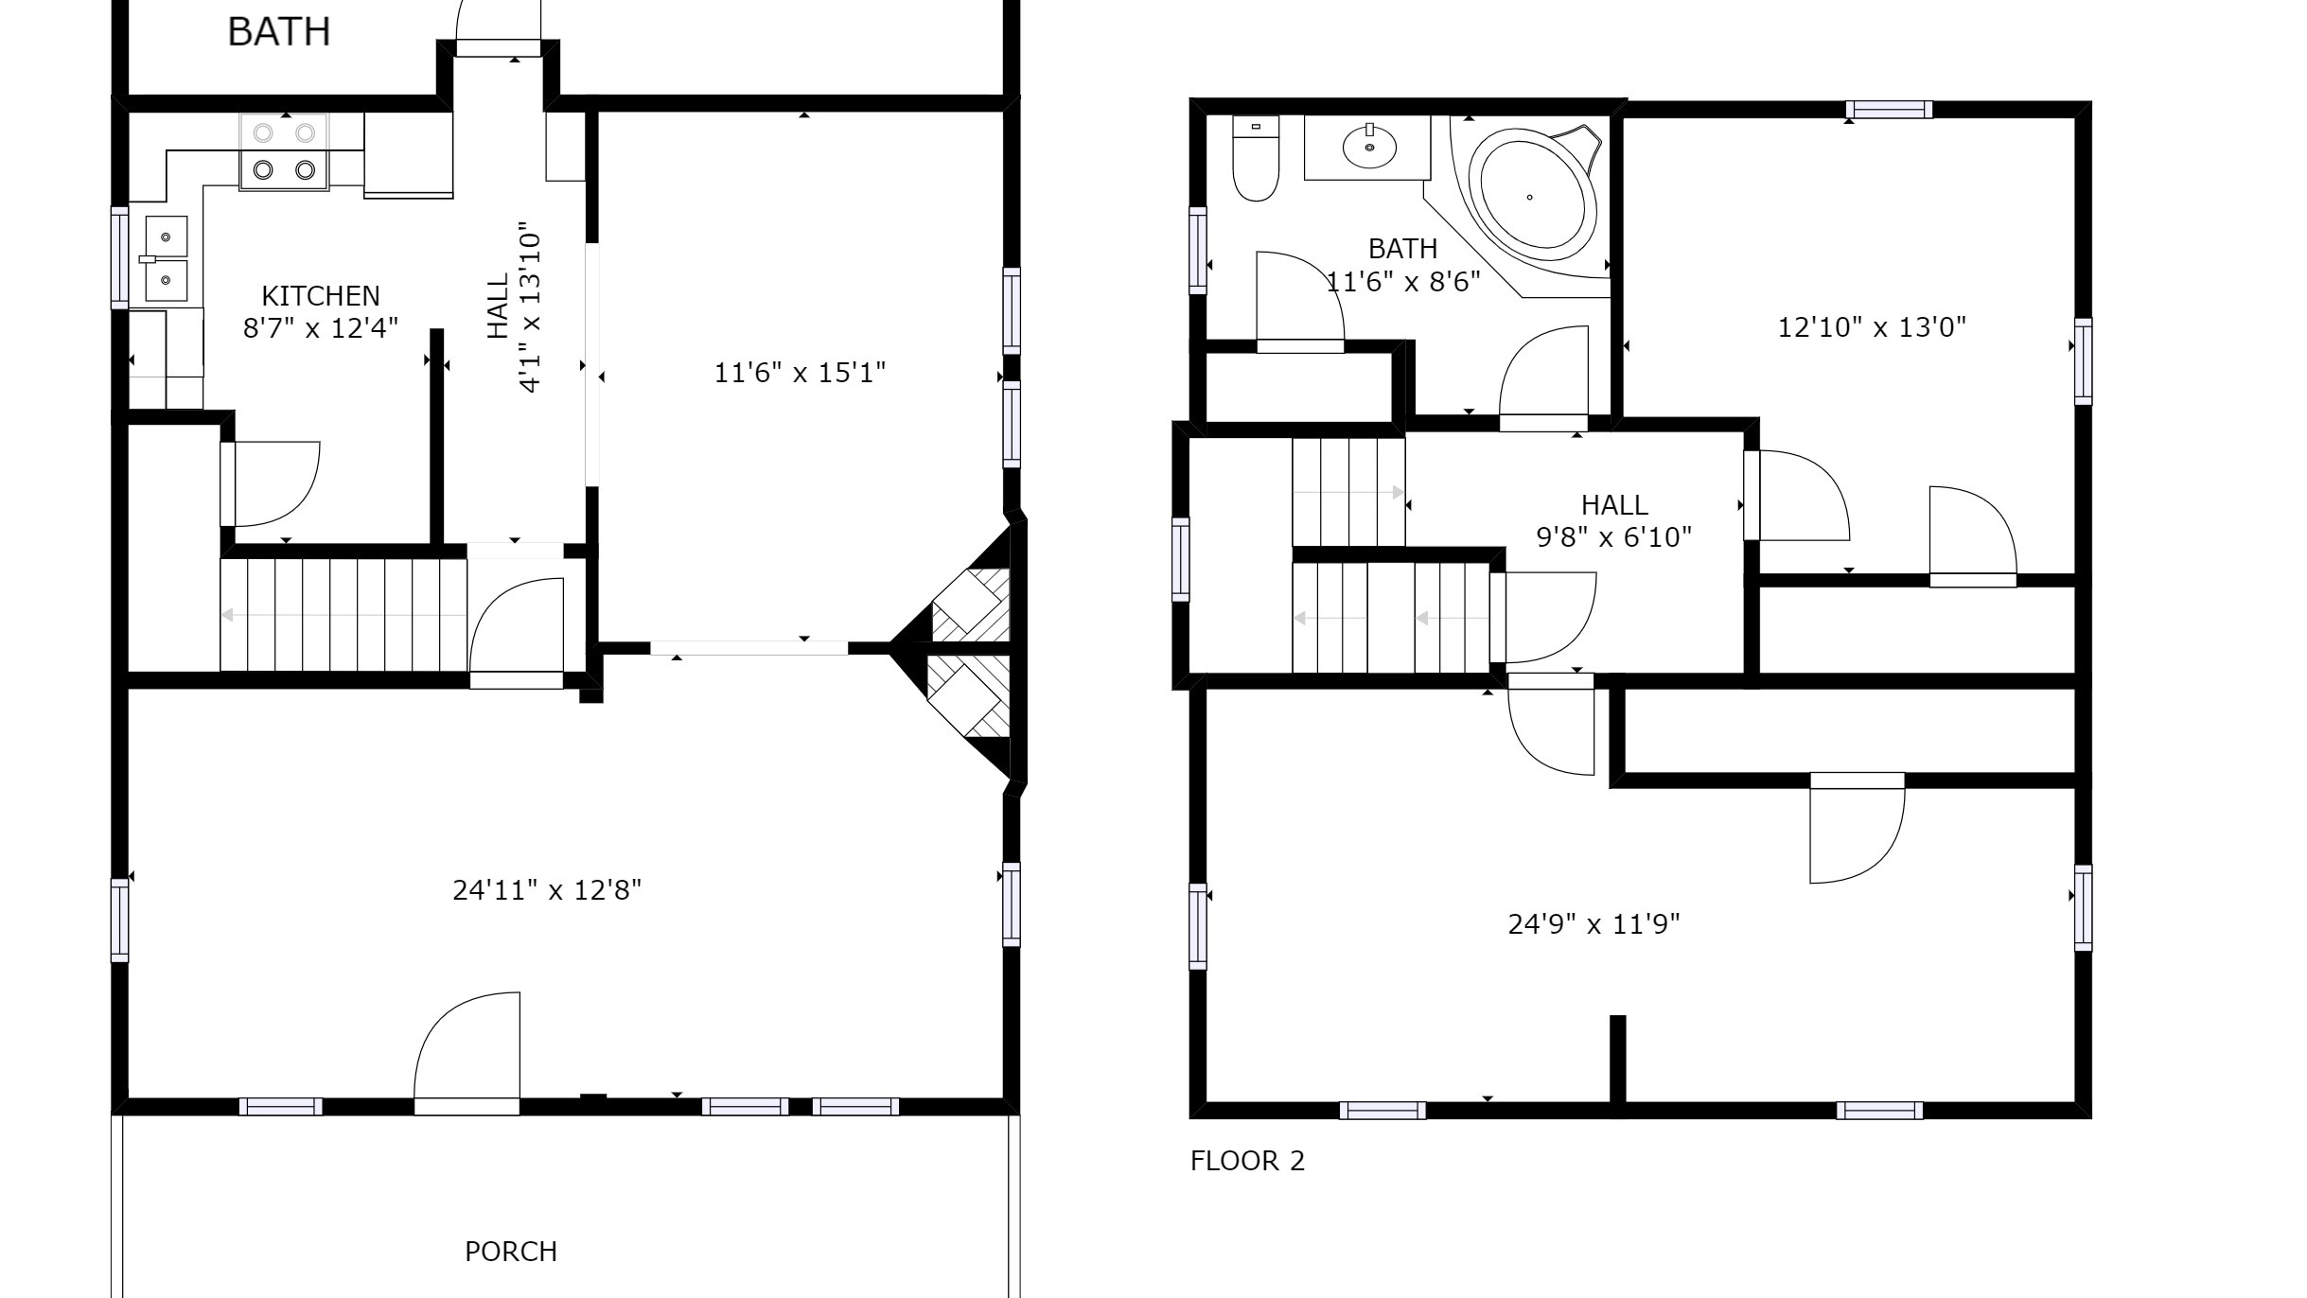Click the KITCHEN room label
click(320, 296)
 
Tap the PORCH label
click(511, 1252)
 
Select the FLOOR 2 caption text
click(1247, 1161)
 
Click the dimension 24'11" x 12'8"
click(547, 890)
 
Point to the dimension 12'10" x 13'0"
click(1872, 327)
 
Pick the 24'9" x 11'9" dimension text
click(1594, 923)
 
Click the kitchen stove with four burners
click(284, 152)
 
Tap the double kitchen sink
click(166, 258)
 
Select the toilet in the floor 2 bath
click(1256, 159)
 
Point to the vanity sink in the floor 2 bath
click(1368, 148)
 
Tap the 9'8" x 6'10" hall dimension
click(1613, 537)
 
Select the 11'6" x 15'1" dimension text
click(800, 373)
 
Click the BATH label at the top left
click(279, 32)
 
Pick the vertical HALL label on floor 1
click(499, 306)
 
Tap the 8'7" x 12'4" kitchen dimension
click(320, 328)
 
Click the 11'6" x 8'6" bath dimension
click(1402, 282)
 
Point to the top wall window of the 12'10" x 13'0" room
click(1889, 110)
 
